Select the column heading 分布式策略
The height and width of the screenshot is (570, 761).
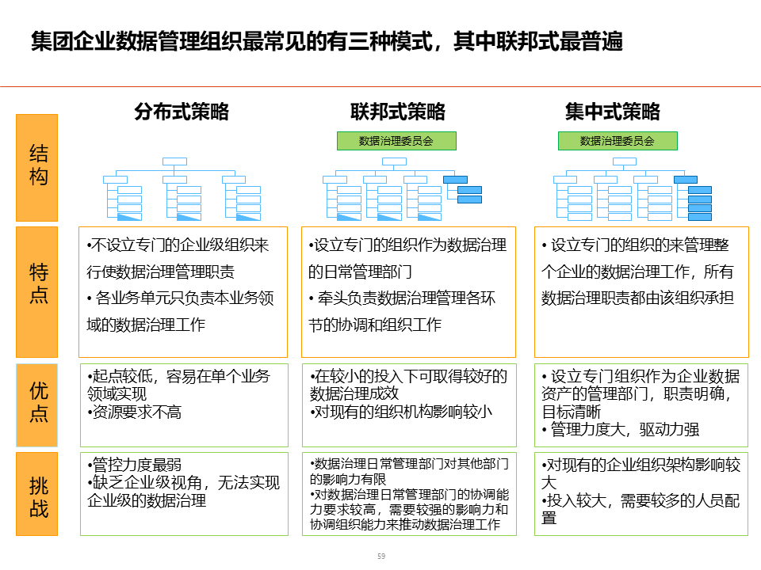182,112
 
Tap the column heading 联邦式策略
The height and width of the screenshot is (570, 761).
397,112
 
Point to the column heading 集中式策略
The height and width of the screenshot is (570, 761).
612,112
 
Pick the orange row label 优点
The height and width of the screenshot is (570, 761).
37,405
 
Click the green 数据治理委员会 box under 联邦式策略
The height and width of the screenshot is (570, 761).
396,141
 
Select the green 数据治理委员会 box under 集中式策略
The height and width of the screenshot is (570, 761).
618,141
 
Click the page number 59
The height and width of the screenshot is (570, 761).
381,556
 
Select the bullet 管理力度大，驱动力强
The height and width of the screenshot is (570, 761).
622,430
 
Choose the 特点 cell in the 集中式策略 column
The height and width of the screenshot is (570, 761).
641,291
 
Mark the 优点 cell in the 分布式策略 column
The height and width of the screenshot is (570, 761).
183,405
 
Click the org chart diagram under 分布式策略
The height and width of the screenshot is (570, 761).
182,190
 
